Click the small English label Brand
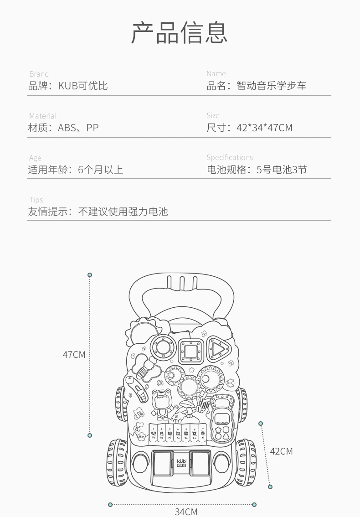point(39,74)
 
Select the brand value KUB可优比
point(82,86)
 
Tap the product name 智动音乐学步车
point(271,86)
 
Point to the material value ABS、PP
point(78,128)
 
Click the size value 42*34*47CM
point(264,128)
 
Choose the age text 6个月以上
point(100,170)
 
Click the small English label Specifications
point(230,157)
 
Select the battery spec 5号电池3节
point(282,170)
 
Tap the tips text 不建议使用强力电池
point(123,212)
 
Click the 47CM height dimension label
point(74,354)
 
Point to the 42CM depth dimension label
point(281,451)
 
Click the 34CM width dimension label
point(186,512)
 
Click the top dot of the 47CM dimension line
point(90,275)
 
